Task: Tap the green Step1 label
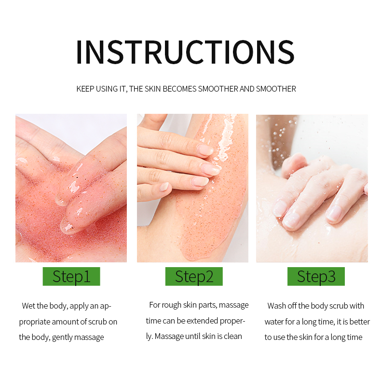click(71, 276)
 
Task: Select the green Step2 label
click(194, 276)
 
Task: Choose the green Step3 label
click(316, 276)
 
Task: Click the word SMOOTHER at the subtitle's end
click(276, 89)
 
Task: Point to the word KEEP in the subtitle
click(85, 89)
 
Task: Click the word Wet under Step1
click(28, 306)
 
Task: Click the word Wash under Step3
click(277, 306)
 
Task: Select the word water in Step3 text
click(274, 322)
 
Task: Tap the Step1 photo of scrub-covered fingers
click(71, 188)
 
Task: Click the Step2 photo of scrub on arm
click(192, 188)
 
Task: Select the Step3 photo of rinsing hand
click(312, 188)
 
